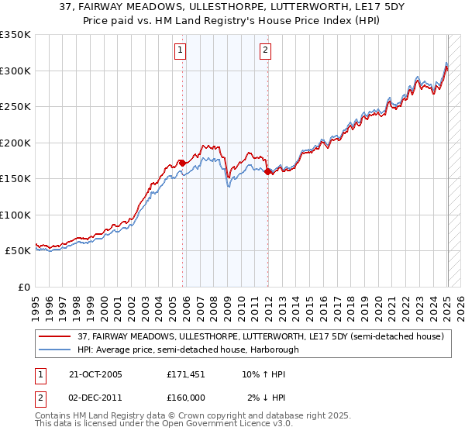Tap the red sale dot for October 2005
tap(182, 163)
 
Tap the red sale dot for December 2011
tap(267, 171)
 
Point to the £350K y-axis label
tap(15, 35)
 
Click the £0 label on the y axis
tap(23, 287)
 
